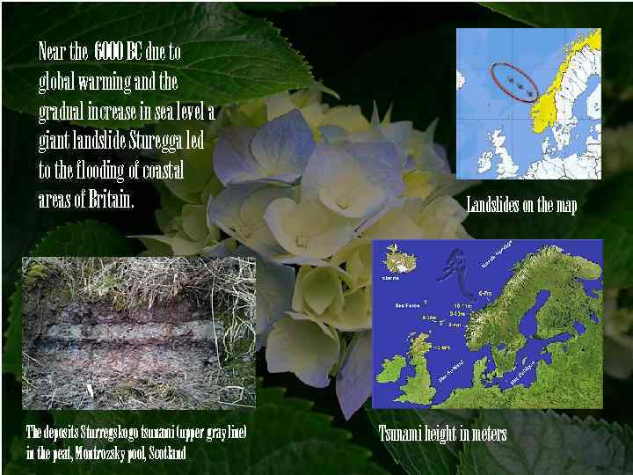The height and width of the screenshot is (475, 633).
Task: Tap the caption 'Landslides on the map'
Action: coord(521,205)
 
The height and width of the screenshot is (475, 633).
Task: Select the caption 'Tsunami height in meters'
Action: coord(442,434)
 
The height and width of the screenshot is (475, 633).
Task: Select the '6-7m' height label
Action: coord(484,293)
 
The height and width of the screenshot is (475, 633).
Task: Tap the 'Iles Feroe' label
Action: coord(408,305)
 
